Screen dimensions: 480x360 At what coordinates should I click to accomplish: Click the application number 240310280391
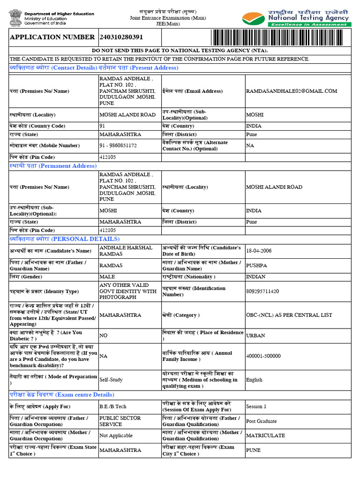121,37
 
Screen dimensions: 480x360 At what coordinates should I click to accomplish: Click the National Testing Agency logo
295,17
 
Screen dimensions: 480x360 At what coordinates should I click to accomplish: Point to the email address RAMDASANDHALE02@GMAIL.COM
292,91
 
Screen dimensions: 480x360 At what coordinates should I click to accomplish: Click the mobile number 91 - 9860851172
118,146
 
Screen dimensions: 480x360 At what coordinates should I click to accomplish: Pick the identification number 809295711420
262,292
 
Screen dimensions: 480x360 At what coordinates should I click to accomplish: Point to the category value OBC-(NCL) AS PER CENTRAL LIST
290,315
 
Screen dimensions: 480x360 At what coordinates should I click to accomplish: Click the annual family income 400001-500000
263,356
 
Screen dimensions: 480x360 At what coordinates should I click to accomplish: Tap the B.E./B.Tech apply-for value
112,406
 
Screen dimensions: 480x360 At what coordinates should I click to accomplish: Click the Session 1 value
256,406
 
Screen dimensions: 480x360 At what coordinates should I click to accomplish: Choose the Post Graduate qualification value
262,421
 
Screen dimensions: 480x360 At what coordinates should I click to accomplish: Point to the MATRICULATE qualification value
265,435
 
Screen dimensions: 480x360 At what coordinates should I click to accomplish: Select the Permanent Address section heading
53,166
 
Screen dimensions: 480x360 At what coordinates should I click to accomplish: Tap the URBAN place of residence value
255,336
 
